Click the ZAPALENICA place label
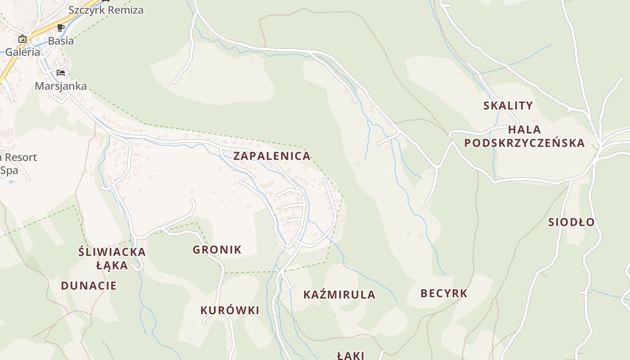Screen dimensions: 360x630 272,156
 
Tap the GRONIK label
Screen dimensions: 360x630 217,250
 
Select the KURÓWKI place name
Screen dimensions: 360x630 229,310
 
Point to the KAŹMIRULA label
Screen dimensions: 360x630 339,295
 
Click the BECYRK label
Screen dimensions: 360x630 444,293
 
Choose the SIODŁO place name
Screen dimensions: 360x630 571,222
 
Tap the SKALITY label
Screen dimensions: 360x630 508,106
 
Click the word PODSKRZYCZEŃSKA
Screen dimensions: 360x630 524,143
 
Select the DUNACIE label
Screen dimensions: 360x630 89,286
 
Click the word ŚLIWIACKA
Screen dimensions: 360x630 112,252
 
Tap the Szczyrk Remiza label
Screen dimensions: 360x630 106,10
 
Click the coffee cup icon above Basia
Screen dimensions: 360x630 61,28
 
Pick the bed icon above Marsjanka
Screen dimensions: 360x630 61,73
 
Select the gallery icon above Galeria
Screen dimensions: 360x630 22,39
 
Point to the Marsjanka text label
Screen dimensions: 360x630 61,86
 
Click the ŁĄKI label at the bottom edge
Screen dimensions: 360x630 350,355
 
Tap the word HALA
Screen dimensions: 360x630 524,130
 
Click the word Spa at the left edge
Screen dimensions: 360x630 9,171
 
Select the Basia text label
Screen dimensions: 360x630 61,40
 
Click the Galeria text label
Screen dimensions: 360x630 22,52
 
